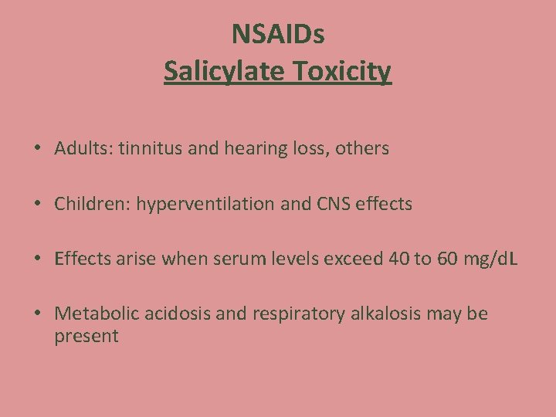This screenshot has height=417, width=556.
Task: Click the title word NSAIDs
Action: pos(277,34)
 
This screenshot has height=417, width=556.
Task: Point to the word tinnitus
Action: pos(146,148)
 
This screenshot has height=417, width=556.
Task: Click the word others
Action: pos(363,148)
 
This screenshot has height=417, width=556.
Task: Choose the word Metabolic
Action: pos(93,314)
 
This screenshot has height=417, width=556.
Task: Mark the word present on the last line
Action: pos(86,337)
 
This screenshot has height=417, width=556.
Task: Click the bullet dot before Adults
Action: pos(38,149)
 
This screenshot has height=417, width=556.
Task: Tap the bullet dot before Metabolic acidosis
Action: pos(38,314)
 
